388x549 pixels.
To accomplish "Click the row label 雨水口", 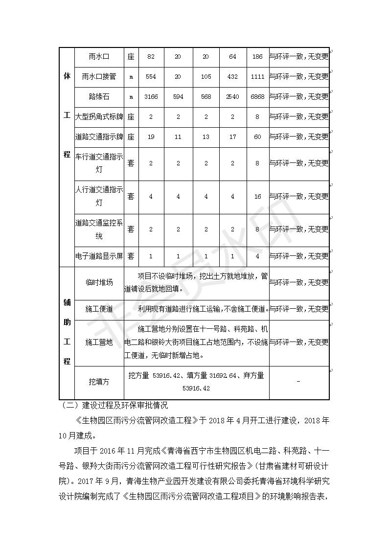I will [99, 57].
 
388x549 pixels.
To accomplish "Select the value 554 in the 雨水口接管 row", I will [151, 77].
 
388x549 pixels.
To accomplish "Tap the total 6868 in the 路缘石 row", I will [257, 97].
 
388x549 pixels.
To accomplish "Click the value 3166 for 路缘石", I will [151, 97].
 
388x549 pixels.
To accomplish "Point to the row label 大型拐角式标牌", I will [99, 117].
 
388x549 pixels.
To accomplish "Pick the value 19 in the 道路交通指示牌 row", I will [151, 137].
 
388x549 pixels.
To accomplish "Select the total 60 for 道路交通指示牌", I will [257, 137].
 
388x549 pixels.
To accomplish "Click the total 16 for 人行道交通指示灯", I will [257, 196].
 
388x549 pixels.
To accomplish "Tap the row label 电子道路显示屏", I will [99, 256].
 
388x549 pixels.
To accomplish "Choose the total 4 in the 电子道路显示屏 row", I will [257, 256].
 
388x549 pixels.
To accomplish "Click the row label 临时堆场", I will [99, 282].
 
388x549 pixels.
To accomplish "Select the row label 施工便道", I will [99, 309].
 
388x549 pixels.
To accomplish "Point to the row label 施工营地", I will [99, 342].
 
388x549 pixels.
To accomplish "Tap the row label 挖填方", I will [99, 381].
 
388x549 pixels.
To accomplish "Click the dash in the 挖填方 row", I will [298, 381].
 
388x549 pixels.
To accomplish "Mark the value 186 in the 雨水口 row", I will [257, 57].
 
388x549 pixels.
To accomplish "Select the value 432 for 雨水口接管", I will [232, 77].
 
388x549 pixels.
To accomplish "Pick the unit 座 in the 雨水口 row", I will [131, 57].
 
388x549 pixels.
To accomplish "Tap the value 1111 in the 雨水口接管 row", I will [257, 77].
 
